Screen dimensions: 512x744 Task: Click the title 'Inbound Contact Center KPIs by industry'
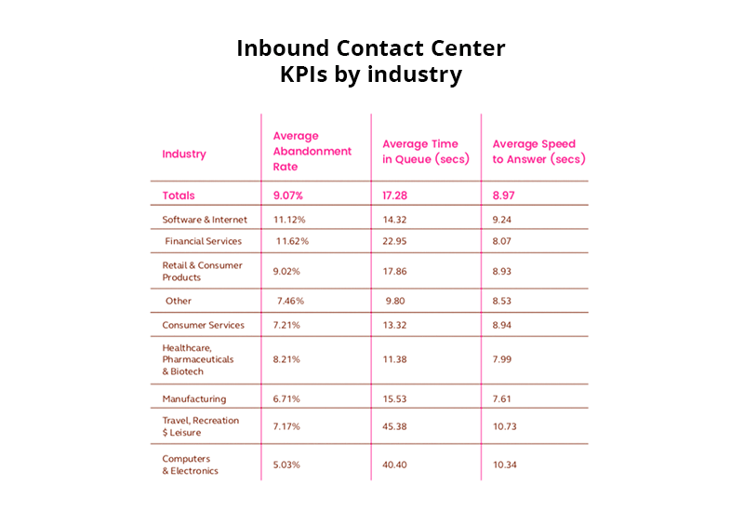(372, 61)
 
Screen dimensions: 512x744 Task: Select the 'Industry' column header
(184, 155)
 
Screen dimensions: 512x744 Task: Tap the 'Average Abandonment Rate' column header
(312, 151)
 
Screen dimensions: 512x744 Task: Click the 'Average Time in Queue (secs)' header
(420, 152)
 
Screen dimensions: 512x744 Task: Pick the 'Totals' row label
(179, 195)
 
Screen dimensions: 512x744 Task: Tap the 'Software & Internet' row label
(205, 220)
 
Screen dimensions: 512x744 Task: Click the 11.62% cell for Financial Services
(292, 241)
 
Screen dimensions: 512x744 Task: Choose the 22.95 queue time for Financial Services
(398, 241)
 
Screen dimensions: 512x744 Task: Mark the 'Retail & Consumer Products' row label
(202, 271)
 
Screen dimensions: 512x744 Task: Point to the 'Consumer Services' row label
(203, 325)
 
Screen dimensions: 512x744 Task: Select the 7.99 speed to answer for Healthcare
(506, 358)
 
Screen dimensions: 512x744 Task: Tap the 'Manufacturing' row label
(193, 398)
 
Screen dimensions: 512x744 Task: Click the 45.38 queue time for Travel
(398, 426)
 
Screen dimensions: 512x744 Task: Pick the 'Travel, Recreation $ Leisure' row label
(200, 426)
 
